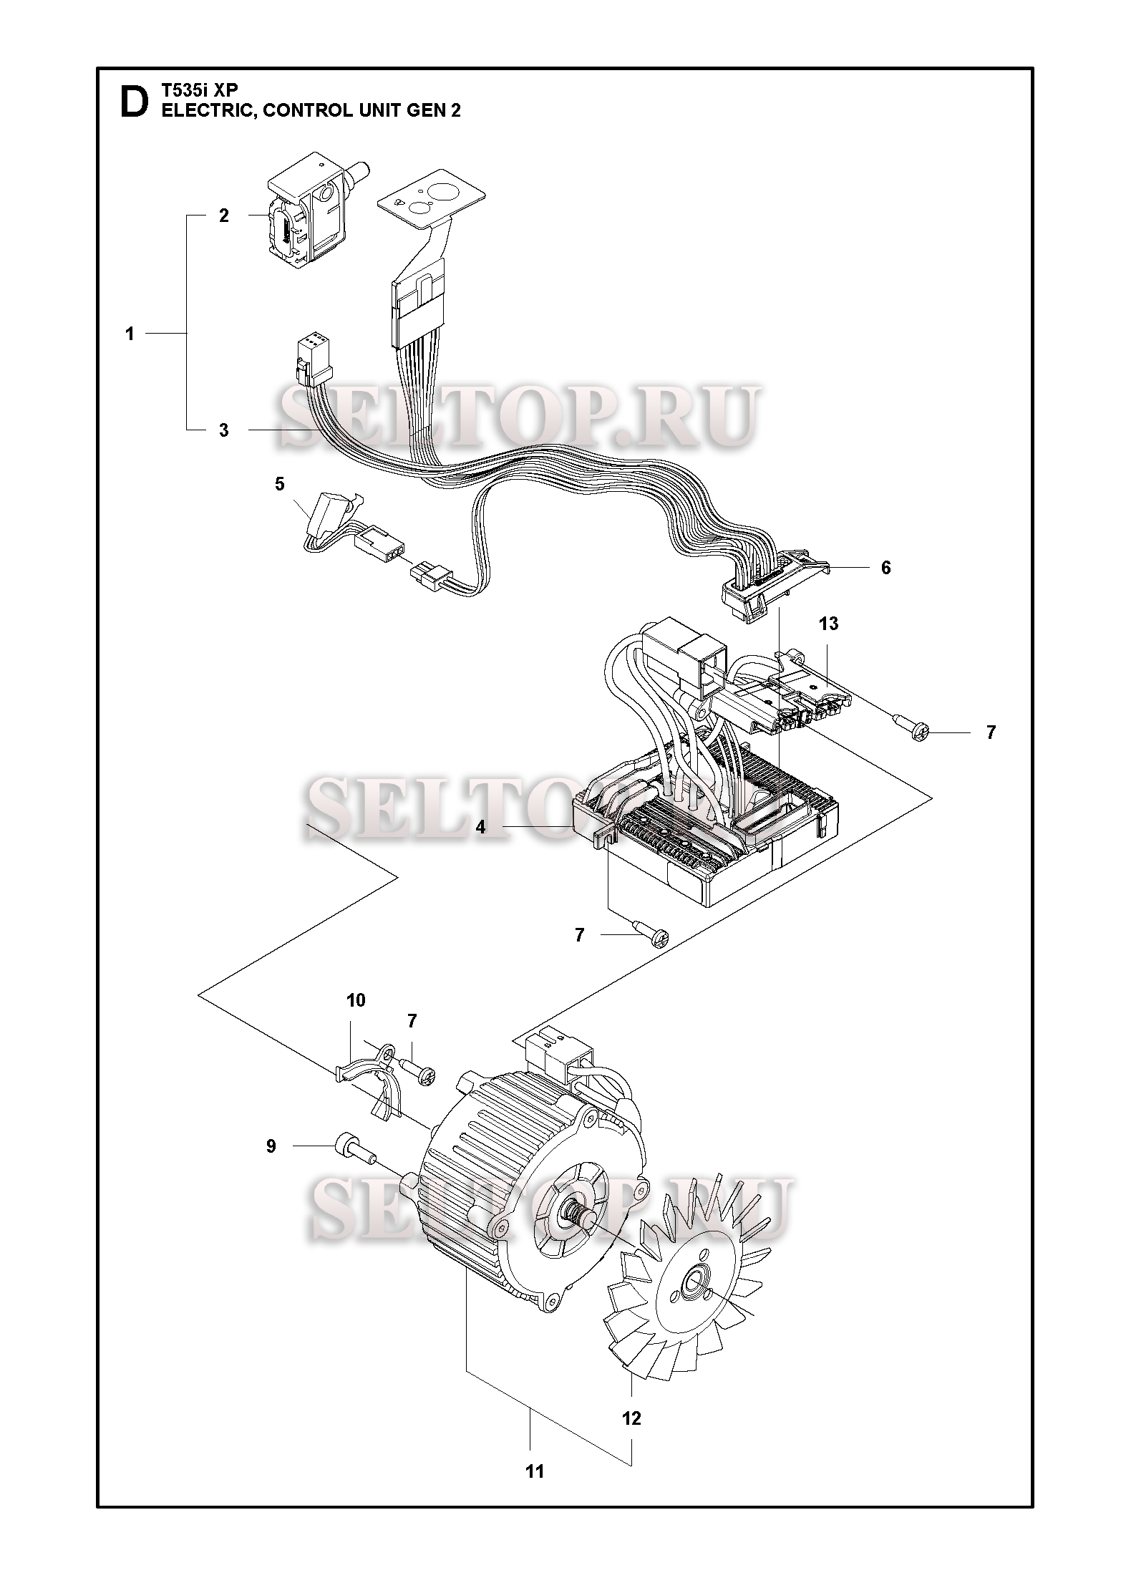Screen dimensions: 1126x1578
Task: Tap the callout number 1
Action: (130, 334)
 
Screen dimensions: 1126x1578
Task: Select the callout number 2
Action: (223, 216)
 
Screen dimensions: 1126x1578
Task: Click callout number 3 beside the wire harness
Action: (224, 430)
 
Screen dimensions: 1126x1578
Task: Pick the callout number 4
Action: (481, 828)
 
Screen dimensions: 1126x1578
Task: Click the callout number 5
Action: (279, 484)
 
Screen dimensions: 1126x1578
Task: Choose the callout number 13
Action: (828, 624)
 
